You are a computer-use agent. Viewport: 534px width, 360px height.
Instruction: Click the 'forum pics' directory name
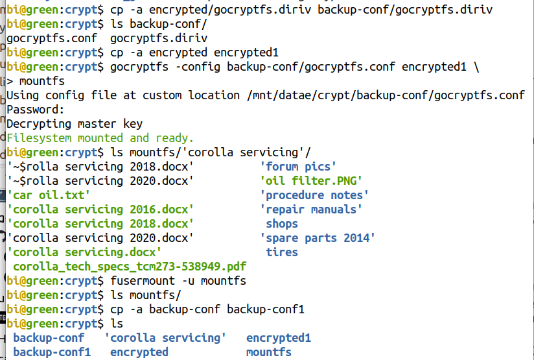pos(298,167)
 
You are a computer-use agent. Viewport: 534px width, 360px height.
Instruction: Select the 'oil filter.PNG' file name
pos(311,181)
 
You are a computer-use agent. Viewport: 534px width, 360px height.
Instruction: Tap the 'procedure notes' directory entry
pos(314,195)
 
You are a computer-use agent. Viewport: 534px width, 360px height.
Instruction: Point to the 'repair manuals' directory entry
pos(311,210)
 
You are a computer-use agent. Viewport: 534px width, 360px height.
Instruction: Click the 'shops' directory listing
pos(282,224)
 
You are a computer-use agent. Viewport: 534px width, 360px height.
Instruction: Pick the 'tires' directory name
pos(282,252)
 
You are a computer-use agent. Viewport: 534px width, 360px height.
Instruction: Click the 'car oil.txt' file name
pos(49,195)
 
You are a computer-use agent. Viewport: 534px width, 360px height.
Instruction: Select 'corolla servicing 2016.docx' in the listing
pos(100,210)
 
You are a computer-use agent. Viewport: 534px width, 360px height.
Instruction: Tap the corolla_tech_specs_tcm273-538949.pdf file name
pos(130,267)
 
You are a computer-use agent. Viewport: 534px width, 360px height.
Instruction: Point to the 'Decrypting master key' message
pos(75,124)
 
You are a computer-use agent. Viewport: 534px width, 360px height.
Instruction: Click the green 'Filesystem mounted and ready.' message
pos(100,138)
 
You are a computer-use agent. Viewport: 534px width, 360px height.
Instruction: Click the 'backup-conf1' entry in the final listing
pos(52,352)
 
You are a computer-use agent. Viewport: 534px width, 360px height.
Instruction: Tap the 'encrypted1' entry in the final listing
pos(279,338)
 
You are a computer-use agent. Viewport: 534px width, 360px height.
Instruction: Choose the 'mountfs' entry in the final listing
pos(269,352)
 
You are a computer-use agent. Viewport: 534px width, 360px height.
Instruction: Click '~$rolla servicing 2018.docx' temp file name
pos(100,167)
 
